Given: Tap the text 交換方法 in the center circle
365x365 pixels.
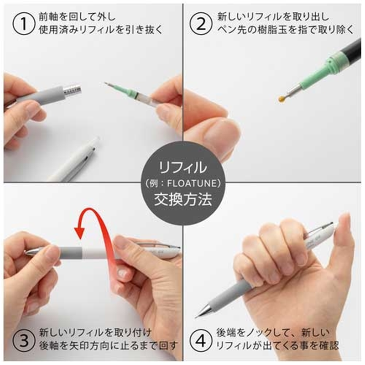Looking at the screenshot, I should [182, 200].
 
